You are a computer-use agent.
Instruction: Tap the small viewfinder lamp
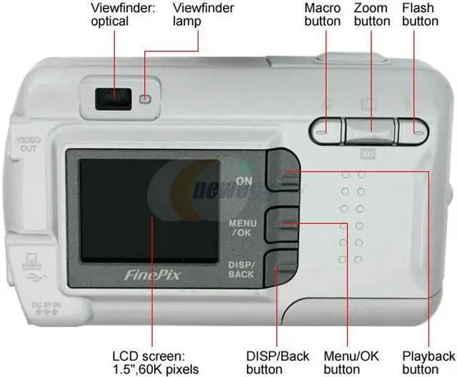[x=146, y=98]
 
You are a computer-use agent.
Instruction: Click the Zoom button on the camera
[x=370, y=130]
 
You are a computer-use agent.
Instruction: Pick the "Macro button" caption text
[x=322, y=15]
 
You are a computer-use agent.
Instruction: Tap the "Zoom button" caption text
[x=372, y=15]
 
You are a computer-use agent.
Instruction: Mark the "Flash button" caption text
[x=420, y=15]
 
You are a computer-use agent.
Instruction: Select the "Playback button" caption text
[x=428, y=362]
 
